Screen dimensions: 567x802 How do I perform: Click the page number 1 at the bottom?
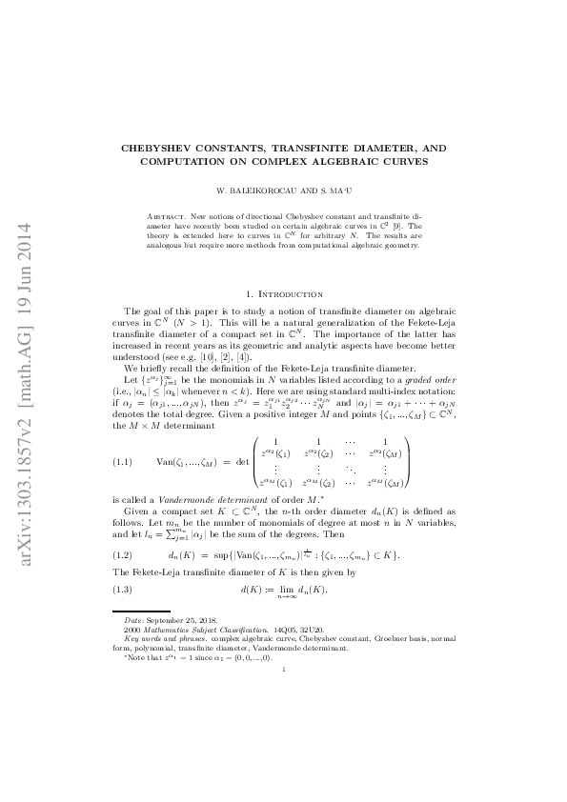click(284, 671)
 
